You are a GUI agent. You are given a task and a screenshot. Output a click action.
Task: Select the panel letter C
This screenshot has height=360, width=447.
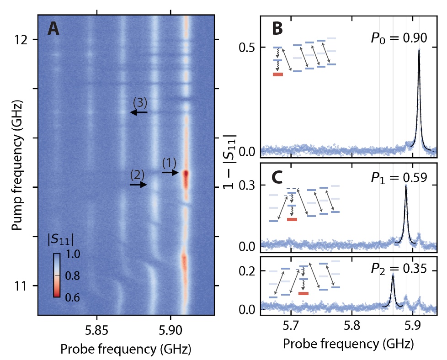tap(278, 177)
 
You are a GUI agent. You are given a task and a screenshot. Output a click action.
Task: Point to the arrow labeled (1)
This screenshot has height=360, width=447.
tap(170, 173)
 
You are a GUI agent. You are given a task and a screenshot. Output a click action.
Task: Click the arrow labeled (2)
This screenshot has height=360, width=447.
tap(138, 185)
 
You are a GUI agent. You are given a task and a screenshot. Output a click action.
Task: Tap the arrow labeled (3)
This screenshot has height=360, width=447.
tap(139, 112)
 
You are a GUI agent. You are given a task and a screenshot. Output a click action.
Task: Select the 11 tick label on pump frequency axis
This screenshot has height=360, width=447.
tap(21, 286)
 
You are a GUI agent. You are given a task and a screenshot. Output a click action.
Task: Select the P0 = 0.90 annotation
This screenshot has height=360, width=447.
tap(399, 38)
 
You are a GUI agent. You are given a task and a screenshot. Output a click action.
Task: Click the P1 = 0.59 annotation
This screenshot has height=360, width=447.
tap(399, 178)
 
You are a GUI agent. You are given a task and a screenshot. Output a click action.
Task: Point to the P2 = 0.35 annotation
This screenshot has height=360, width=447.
tap(399, 269)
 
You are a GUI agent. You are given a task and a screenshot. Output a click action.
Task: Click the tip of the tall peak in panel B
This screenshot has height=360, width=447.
tap(419, 49)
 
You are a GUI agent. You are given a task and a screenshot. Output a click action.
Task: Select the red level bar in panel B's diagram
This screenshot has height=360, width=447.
tap(278, 74)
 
